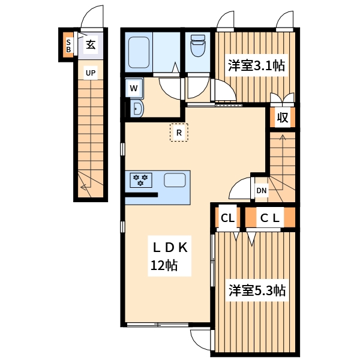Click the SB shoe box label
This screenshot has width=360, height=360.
[x=68, y=46]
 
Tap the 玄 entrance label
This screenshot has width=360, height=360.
[x=90, y=44]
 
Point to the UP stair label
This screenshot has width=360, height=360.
[x=90, y=74]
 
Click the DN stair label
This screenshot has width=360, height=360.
[x=261, y=191]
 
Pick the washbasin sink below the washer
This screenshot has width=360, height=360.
[x=137, y=109]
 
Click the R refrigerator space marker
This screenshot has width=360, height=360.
[x=179, y=133]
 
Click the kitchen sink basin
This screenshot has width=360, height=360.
[x=175, y=179]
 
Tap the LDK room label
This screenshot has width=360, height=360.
[x=170, y=247]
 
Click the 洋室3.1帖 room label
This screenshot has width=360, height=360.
[x=256, y=66]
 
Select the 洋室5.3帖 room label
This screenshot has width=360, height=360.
[x=256, y=291]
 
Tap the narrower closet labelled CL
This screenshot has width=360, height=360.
[x=227, y=218]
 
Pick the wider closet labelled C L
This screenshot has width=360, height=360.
[x=269, y=218]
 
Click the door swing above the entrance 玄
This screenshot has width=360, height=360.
[x=92, y=17]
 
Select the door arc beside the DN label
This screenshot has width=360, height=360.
[x=241, y=188]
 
